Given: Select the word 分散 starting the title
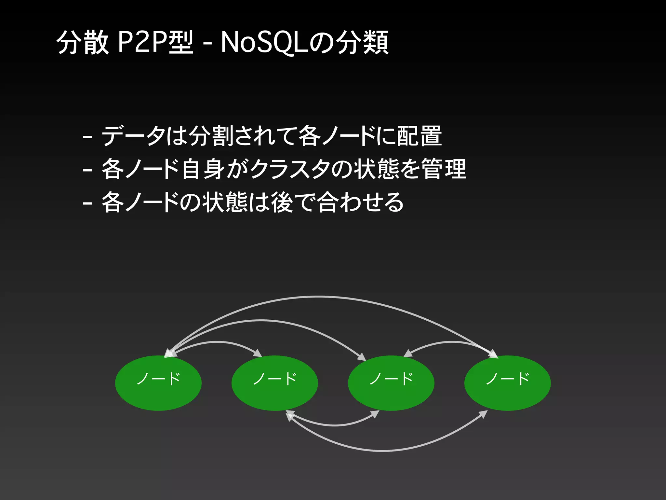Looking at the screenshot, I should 82,42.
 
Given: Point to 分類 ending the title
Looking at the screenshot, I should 362,42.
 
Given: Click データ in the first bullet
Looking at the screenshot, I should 133,136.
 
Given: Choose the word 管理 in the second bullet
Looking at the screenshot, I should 444,169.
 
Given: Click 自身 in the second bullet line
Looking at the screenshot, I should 203,169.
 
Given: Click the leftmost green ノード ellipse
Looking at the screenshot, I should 158,383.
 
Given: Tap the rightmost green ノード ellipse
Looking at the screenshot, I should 507,383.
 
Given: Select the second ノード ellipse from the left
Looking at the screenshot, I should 275,383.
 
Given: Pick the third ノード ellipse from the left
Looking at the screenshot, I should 391,383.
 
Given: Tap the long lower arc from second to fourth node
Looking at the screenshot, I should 384,451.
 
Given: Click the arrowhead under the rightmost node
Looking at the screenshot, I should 484,414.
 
